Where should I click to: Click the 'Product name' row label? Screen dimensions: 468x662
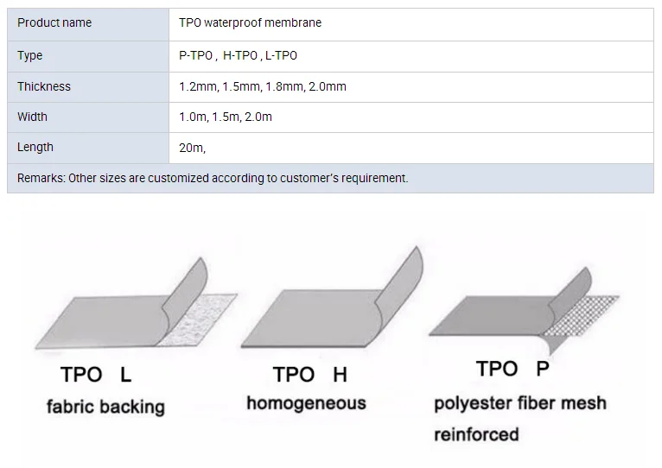(54, 22)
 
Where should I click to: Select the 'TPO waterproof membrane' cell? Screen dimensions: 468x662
(250, 22)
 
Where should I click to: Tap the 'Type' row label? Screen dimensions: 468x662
(29, 55)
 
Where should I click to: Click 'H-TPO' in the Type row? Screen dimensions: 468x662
(239, 55)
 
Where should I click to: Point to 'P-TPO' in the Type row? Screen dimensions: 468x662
(195, 55)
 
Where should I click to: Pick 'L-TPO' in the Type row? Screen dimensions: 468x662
(282, 55)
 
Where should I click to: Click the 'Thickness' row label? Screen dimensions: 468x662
(44, 86)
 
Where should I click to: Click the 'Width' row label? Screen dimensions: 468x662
(33, 117)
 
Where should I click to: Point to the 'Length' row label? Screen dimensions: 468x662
(35, 147)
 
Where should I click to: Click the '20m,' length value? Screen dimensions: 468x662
(192, 148)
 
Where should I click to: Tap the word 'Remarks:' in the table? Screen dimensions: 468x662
(41, 178)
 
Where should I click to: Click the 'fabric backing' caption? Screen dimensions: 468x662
(105, 406)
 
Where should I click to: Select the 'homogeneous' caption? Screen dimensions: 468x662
(306, 403)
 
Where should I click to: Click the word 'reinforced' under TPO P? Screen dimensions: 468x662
(476, 433)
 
